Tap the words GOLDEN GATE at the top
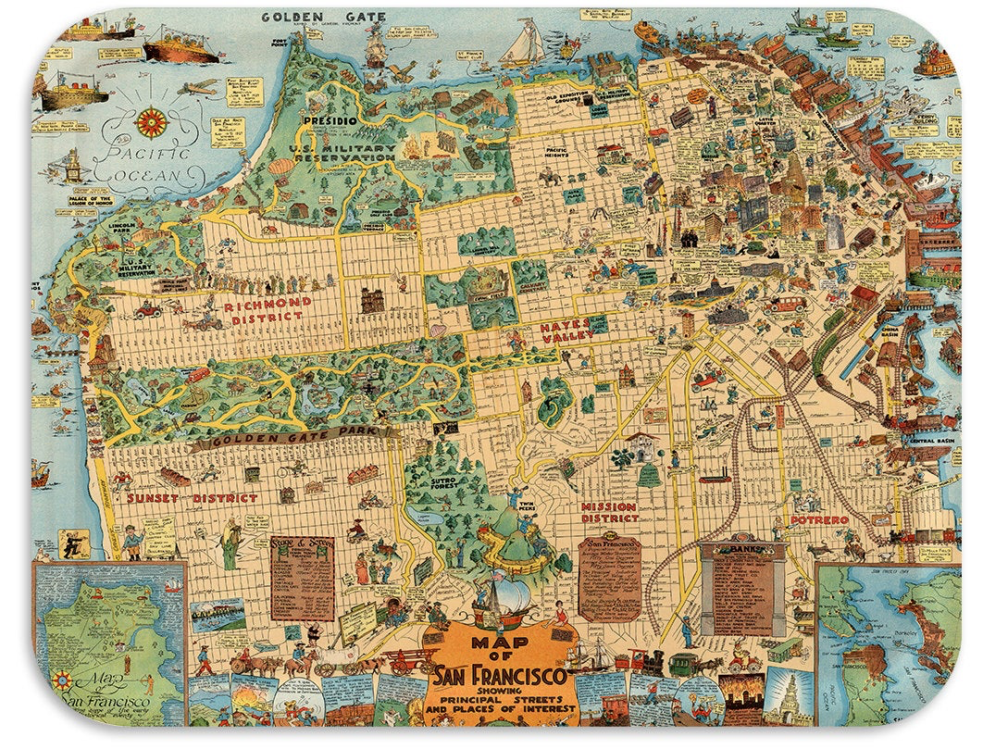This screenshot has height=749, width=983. coord(306,17)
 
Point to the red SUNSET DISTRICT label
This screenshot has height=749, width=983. coord(192,498)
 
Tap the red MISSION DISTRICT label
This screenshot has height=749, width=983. coord(608,513)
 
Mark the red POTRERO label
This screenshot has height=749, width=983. coord(818,520)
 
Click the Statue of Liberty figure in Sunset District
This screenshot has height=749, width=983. coord(229,545)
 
